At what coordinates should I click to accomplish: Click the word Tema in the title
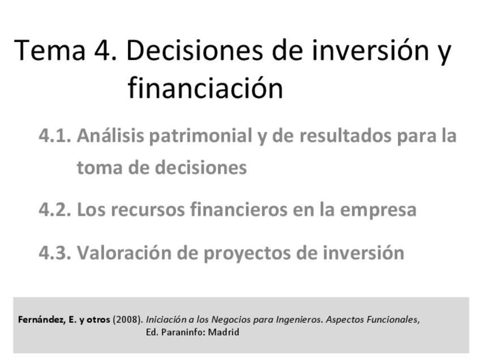[48, 51]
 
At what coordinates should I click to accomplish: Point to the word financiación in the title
[205, 89]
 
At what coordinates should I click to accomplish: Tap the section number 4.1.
[54, 136]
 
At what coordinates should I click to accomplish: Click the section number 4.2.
[54, 210]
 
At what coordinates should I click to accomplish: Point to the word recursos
[149, 210]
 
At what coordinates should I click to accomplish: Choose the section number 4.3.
[54, 252]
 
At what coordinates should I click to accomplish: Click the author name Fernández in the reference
[41, 320]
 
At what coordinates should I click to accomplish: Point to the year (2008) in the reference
[127, 320]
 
